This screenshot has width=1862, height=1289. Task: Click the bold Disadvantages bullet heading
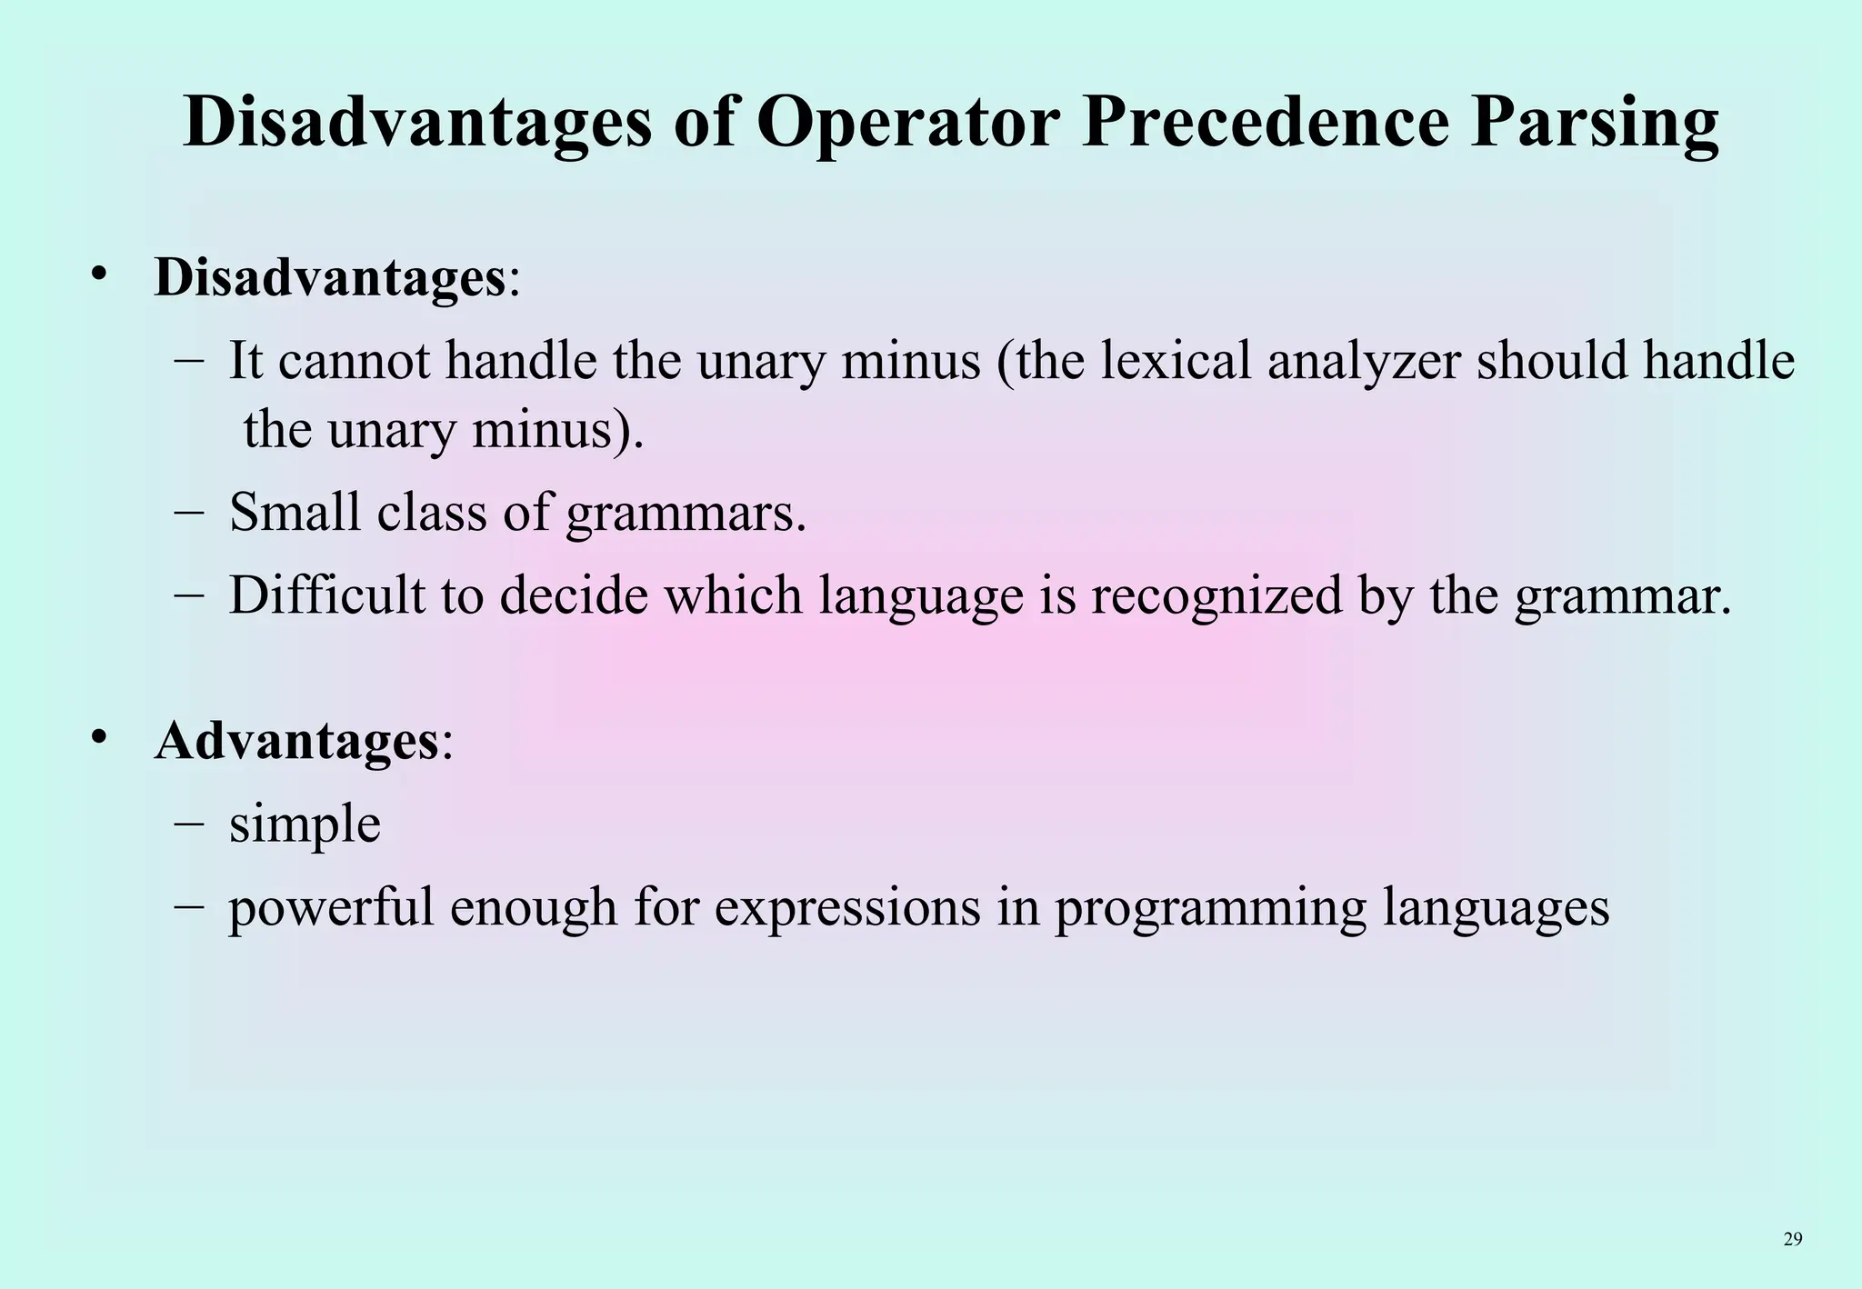coord(329,277)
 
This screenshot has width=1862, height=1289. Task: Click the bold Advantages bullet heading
coord(296,741)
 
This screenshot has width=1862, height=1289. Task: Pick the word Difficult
coord(326,595)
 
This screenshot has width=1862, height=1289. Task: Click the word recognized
coord(1216,595)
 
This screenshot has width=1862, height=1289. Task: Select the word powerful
coord(331,907)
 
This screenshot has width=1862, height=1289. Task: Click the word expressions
coord(846,907)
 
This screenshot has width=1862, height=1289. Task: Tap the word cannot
coord(354,361)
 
